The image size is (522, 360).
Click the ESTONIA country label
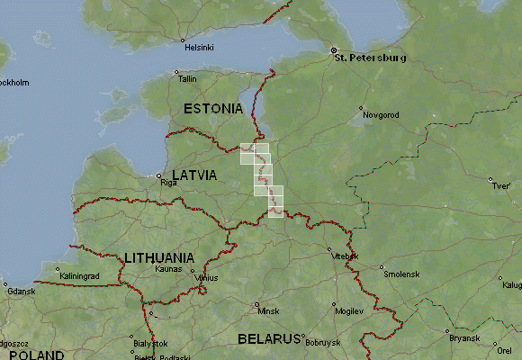tap(212, 108)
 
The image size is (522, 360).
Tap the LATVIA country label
tap(193, 175)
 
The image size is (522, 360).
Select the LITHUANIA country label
tap(159, 257)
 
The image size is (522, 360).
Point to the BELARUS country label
tap(267, 339)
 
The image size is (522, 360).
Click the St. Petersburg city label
tap(370, 58)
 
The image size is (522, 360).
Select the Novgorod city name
tap(378, 115)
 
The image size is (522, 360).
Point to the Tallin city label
tap(187, 79)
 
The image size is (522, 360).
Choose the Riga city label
tap(168, 182)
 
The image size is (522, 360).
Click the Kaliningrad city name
tap(78, 276)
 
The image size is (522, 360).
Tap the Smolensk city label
tap(400, 274)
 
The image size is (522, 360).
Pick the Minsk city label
tap(268, 310)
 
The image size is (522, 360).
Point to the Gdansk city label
tap(19, 292)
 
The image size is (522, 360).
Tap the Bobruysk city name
tap(323, 343)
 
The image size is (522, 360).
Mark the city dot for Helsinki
tap(183, 41)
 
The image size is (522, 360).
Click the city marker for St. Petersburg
tap(333, 50)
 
